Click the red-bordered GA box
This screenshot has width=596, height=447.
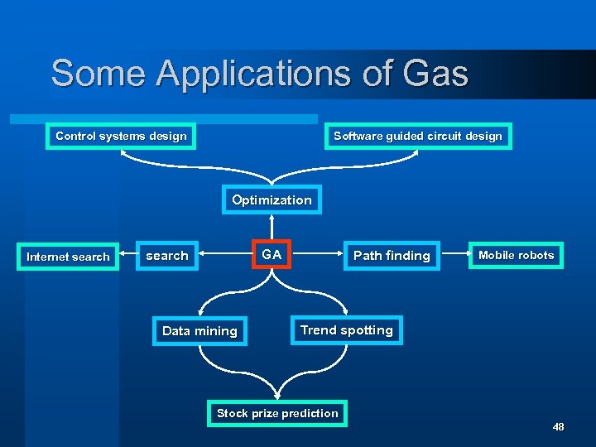point(272,255)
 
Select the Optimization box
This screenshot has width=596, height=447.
point(272,200)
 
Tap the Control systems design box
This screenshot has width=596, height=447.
point(121,136)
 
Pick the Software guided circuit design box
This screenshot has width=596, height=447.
point(417,136)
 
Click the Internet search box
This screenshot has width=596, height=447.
point(68,257)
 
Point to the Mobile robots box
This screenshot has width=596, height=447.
point(516,255)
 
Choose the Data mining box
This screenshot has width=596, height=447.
point(199,331)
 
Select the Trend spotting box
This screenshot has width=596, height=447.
point(346,330)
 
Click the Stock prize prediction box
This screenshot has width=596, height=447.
point(277,413)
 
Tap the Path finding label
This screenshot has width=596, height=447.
point(392,256)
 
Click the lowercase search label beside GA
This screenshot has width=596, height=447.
point(167,256)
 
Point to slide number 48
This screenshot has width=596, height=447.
point(558,427)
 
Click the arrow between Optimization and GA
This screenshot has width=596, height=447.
point(272,228)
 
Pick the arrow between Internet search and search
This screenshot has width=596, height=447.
point(127,256)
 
